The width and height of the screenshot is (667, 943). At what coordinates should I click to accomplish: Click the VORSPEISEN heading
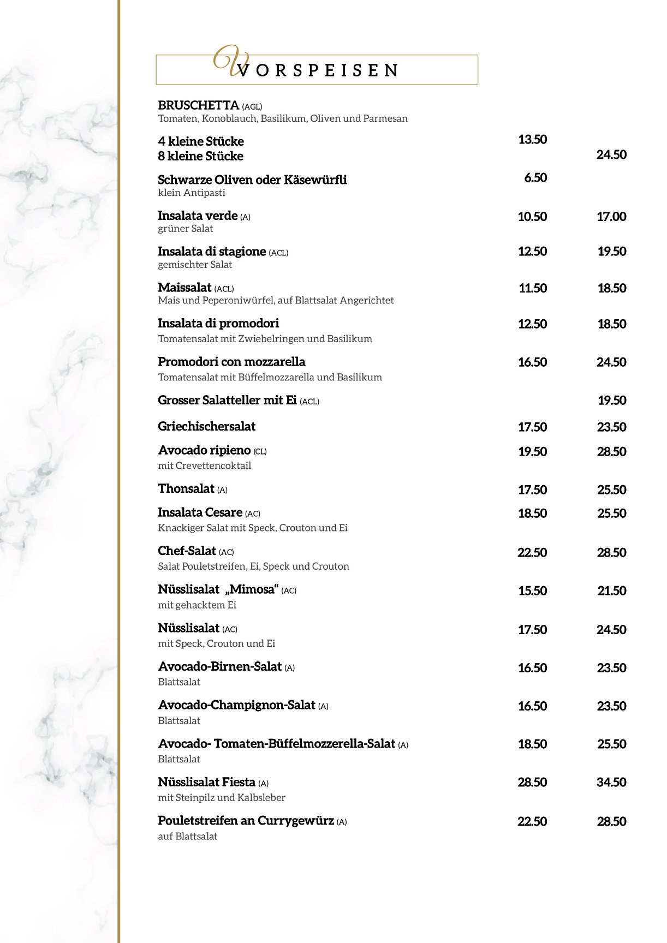coord(318,70)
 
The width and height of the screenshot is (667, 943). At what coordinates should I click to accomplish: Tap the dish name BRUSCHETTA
coord(198,105)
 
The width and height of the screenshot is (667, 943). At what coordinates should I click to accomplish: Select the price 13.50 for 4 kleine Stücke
coord(532,140)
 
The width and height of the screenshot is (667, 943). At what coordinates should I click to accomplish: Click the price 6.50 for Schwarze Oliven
coord(535,178)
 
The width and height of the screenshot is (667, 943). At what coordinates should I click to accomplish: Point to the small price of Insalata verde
coord(532,217)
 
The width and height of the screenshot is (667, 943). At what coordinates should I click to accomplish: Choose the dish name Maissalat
coord(184,288)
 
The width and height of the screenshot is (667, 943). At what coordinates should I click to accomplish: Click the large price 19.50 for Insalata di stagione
coord(612,252)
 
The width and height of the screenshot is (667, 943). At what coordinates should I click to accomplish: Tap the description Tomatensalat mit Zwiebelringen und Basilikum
coord(265,339)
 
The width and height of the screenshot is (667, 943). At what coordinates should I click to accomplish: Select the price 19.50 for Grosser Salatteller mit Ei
coord(612,401)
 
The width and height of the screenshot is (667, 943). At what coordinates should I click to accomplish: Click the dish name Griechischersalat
coord(206,427)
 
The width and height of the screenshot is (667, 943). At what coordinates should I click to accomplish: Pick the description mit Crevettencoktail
coord(205,466)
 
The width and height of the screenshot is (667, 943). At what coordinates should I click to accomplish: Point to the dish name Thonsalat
coord(186,489)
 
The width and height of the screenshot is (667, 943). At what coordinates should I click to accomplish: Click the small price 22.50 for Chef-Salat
coord(532,553)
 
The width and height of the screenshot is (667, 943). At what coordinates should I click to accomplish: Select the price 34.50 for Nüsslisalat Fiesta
coord(611,783)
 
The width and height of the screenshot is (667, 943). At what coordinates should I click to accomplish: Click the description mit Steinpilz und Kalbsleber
coord(222,798)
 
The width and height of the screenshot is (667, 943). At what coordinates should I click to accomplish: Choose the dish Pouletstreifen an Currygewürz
coord(246,821)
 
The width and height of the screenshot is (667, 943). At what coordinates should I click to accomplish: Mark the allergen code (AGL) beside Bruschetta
coord(252,107)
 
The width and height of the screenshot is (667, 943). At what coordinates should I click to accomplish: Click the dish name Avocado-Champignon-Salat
coord(236,705)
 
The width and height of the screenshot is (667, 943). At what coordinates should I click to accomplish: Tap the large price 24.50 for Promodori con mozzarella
coord(611,362)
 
